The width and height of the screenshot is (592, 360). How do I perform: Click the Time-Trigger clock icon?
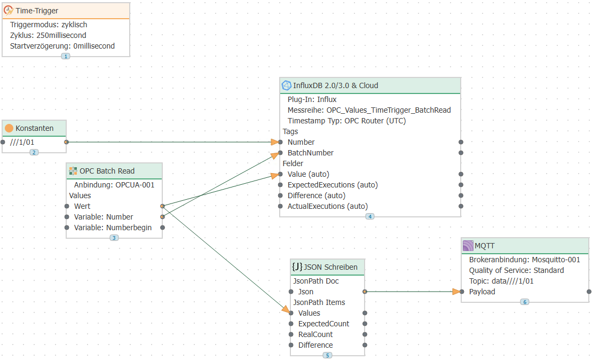tap(9, 11)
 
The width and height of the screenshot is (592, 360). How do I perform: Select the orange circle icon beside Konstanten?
tap(9, 128)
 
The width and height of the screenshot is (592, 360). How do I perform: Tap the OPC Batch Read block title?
tap(107, 171)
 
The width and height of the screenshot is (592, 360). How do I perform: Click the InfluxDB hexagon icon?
tap(287, 86)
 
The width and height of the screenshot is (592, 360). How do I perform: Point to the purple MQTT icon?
tap(468, 246)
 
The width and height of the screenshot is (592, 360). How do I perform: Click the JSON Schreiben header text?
tap(330, 267)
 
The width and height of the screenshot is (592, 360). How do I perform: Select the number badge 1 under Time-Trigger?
tap(66, 56)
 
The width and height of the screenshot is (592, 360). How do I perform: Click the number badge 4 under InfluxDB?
tap(370, 216)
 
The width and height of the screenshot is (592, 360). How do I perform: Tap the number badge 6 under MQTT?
tap(525, 302)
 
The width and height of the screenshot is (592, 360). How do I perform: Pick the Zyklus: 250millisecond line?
tap(48, 35)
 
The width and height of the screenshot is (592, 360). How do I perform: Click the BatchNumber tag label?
tap(310, 153)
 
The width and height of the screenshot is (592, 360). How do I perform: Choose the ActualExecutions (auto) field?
tap(328, 206)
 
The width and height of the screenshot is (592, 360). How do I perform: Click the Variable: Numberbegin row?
tap(113, 228)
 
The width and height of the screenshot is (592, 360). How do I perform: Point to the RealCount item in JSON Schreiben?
tap(315, 334)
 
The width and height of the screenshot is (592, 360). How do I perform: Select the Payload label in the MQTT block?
tap(482, 292)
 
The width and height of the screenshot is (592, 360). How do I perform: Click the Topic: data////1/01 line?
tap(501, 281)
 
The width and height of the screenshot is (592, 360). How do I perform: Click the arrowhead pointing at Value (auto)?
tap(275, 175)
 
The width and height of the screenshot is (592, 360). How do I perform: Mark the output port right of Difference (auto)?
tap(461, 195)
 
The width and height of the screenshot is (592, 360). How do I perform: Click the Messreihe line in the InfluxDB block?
tap(369, 110)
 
